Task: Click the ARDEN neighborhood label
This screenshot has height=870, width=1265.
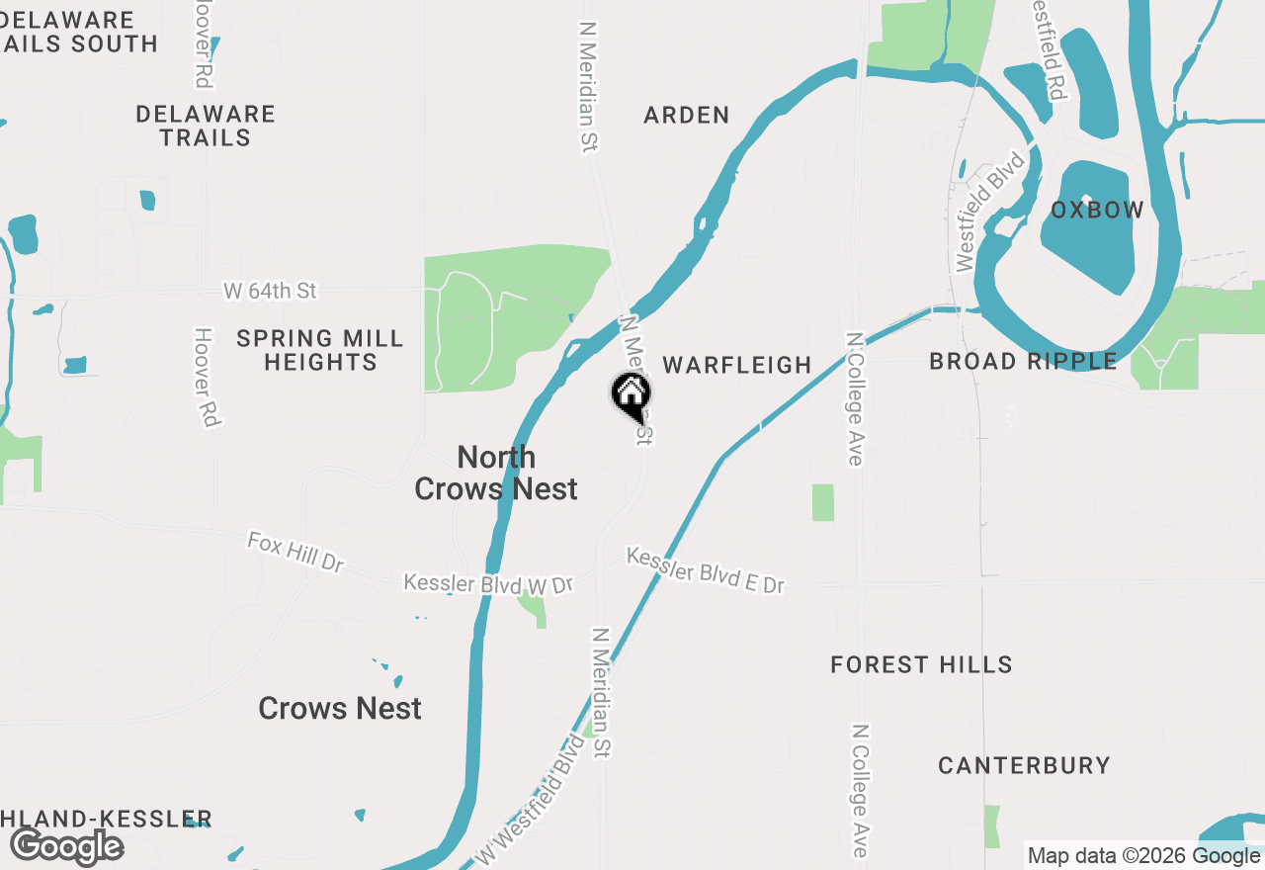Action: click(x=687, y=116)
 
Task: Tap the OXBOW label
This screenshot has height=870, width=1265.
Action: click(x=1097, y=211)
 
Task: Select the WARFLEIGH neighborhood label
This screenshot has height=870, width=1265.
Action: click(x=737, y=366)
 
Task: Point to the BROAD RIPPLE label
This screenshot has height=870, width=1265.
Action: click(x=1023, y=362)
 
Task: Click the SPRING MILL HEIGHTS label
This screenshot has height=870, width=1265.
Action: click(x=320, y=351)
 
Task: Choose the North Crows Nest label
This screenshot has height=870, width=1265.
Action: click(x=496, y=473)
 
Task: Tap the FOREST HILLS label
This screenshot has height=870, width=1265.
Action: click(x=921, y=665)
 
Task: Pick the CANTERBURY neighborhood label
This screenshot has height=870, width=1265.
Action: click(x=1024, y=766)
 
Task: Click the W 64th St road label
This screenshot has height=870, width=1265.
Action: click(x=270, y=292)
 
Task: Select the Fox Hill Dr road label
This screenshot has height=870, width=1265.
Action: click(x=295, y=552)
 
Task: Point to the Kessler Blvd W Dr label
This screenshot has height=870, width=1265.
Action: click(x=488, y=584)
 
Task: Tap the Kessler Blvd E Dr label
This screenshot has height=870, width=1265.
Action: click(x=706, y=571)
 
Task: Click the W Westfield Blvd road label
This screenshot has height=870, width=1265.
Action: click(x=530, y=799)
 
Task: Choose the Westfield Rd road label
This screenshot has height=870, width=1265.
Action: click(x=1049, y=49)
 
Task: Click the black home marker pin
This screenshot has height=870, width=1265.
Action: click(x=631, y=395)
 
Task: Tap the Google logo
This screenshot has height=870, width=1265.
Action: click(x=66, y=847)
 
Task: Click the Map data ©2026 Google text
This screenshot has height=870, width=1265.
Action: click(x=1143, y=856)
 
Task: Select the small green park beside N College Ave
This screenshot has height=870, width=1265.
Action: click(x=823, y=502)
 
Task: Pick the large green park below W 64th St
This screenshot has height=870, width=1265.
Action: click(x=504, y=316)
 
